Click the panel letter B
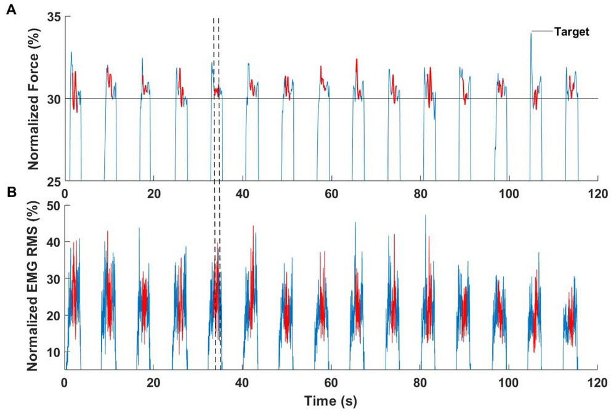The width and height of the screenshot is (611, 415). [10, 192]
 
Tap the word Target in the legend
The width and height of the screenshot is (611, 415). [572, 31]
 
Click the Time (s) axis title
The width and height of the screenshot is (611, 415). [330, 401]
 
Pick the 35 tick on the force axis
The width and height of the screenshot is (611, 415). [54, 17]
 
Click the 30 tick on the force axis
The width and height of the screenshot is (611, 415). [54, 99]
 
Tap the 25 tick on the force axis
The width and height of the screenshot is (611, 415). [54, 181]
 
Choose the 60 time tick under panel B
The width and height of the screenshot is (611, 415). [331, 382]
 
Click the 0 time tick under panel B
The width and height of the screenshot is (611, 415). [65, 382]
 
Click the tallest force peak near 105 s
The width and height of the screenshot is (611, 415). [531, 34]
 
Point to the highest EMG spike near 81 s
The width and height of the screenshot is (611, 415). [425, 216]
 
